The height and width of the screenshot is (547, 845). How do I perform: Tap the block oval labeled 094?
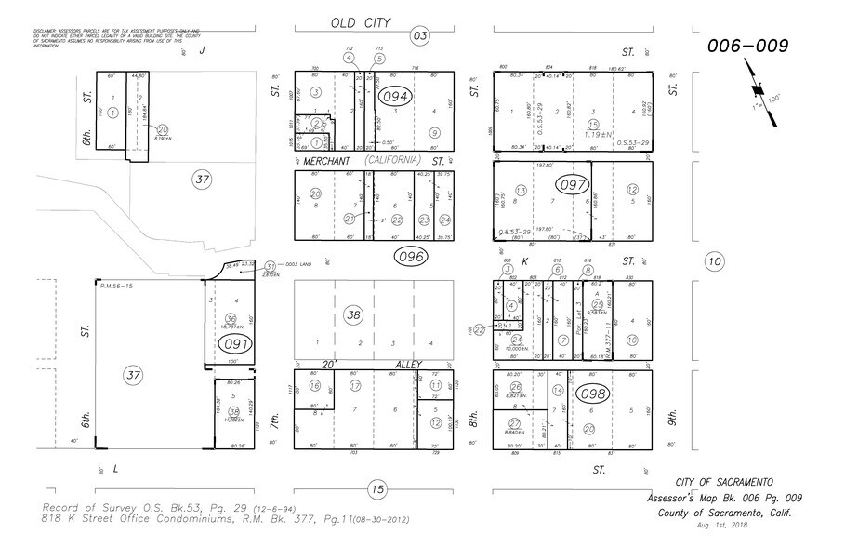395,97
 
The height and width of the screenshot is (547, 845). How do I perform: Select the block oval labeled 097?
574,185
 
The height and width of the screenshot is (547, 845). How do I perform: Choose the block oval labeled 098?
591,394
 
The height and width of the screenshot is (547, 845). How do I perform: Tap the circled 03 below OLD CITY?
420,36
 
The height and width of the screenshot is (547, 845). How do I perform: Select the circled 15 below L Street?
376,488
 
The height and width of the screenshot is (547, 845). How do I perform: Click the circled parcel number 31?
271,265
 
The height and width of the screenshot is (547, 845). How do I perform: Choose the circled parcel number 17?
354,385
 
